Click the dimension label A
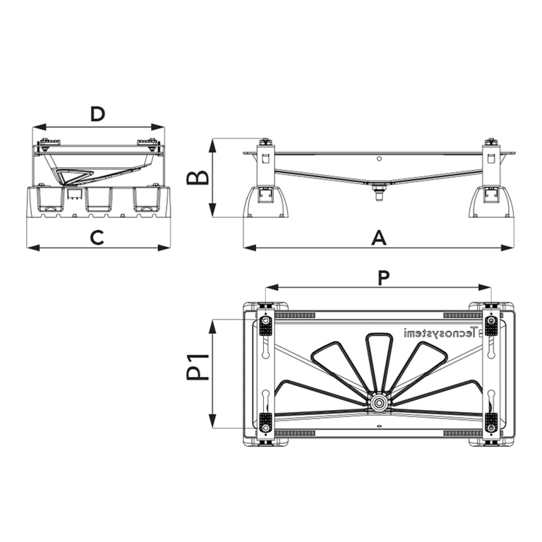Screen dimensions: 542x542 (379, 239)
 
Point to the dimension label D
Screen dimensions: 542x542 (97, 114)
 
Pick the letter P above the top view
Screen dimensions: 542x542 (383, 277)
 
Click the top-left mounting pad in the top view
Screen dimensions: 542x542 (266, 325)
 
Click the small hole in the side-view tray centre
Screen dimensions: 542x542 (379, 159)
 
